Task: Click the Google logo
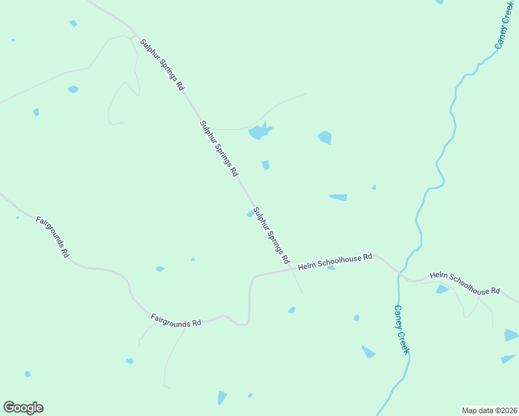click(23, 408)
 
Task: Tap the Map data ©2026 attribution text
click(488, 410)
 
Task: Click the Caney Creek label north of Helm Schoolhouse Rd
click(503, 25)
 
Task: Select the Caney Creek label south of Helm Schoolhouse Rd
click(401, 330)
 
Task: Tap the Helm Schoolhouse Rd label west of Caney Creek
click(335, 261)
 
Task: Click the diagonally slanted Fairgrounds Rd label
click(53, 237)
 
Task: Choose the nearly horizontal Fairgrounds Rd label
click(176, 320)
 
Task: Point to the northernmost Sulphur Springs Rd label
click(162, 65)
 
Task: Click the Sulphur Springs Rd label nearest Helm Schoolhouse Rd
click(271, 236)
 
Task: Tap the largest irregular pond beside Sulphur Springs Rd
click(259, 131)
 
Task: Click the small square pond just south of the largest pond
click(265, 165)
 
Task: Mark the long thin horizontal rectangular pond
click(338, 198)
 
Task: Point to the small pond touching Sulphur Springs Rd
click(250, 214)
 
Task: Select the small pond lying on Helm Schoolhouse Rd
click(331, 268)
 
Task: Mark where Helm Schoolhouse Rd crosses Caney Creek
click(399, 273)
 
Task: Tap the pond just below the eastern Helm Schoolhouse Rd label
click(442, 289)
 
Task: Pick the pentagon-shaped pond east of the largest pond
click(325, 138)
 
